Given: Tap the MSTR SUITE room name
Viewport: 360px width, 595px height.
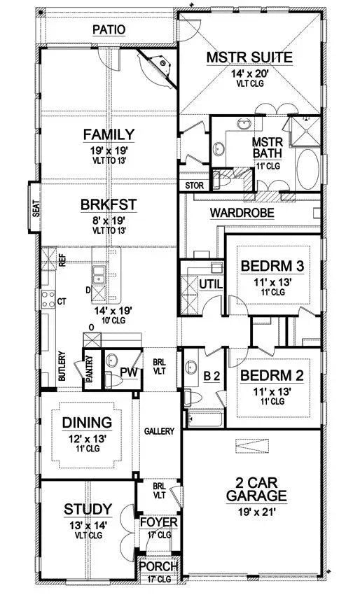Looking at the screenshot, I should [249, 57].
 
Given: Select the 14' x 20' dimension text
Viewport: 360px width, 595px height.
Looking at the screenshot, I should [249, 73].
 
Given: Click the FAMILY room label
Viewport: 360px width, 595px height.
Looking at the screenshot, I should [109, 134].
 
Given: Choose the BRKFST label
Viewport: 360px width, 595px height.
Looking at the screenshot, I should [109, 205].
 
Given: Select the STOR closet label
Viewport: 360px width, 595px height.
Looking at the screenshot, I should [194, 185].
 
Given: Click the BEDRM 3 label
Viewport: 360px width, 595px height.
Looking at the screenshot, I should [272, 266].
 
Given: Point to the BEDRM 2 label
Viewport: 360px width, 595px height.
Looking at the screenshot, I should [272, 375].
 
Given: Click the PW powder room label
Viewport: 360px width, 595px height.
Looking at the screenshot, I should [128, 372].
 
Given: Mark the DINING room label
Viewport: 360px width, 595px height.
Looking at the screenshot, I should [88, 423].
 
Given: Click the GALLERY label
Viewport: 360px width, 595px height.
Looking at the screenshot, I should [159, 432].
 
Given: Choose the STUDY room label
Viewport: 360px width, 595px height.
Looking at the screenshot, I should [88, 508].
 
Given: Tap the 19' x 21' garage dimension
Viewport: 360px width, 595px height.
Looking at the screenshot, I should [256, 512].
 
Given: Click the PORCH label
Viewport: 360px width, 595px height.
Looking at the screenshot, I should [158, 566].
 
